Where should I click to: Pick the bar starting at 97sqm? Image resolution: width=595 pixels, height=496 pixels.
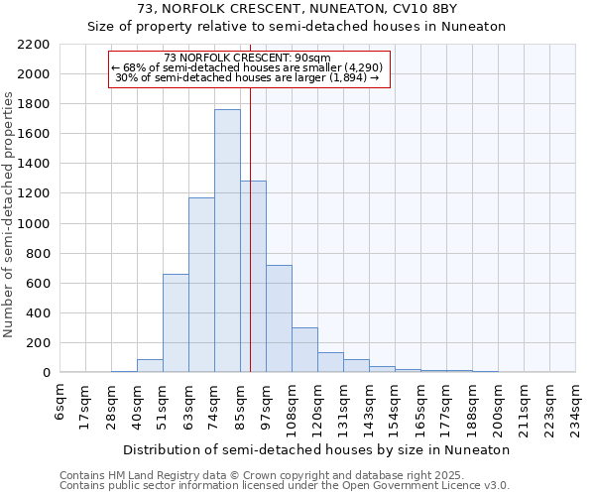(279, 318)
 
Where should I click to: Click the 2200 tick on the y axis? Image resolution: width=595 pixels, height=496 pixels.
(34, 45)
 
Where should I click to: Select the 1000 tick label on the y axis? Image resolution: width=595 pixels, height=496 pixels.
(34, 224)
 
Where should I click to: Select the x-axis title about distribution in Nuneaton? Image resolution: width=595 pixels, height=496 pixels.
(317, 449)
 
